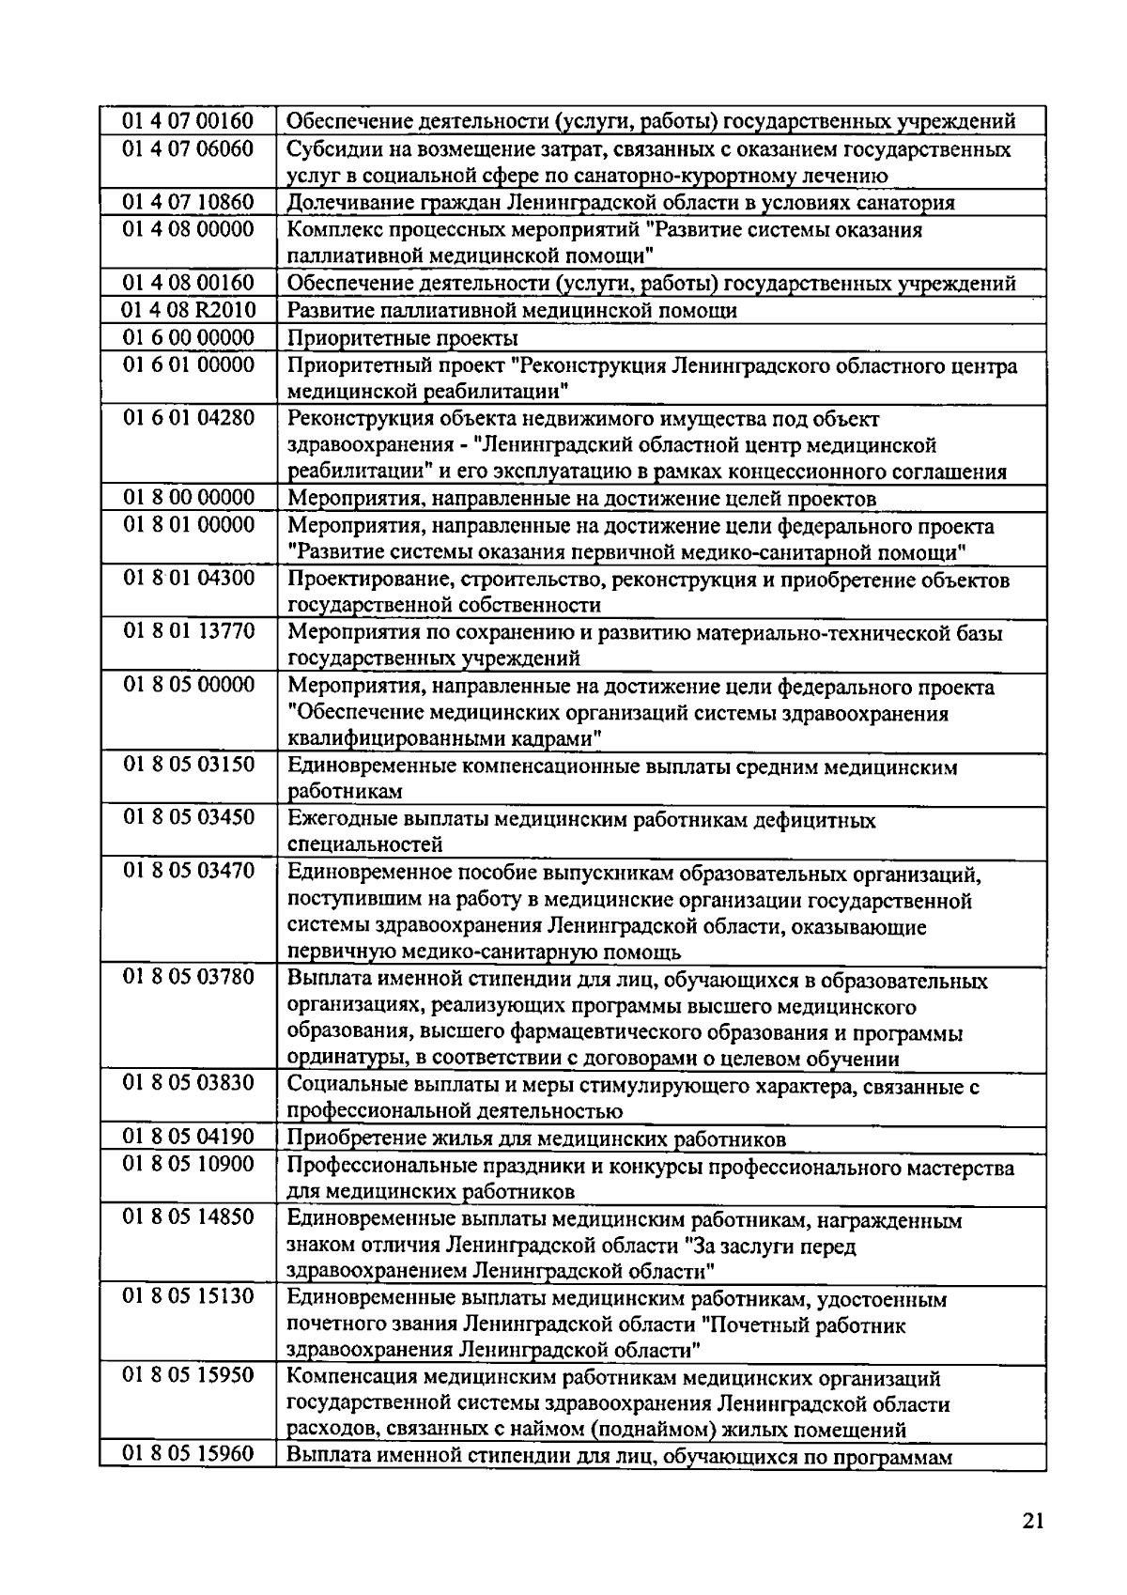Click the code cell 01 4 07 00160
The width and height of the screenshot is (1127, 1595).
[188, 121]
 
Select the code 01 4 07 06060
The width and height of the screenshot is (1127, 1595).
[188, 148]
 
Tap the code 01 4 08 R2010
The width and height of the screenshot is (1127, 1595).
[188, 310]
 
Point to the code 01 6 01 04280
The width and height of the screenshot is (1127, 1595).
[188, 417]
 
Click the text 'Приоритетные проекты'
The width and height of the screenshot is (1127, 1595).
[402, 338]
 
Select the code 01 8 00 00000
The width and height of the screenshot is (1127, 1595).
[188, 497]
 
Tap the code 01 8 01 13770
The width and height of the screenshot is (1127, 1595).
[188, 631]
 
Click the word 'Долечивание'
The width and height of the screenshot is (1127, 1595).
[345, 203]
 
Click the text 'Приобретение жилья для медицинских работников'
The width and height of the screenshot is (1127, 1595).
[535, 1140]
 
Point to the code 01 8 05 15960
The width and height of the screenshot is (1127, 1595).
[188, 1455]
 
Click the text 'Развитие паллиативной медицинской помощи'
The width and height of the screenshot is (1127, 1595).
[512, 311]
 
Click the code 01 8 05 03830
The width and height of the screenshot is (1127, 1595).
[188, 1084]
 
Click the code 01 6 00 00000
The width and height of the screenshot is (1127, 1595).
[188, 337]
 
